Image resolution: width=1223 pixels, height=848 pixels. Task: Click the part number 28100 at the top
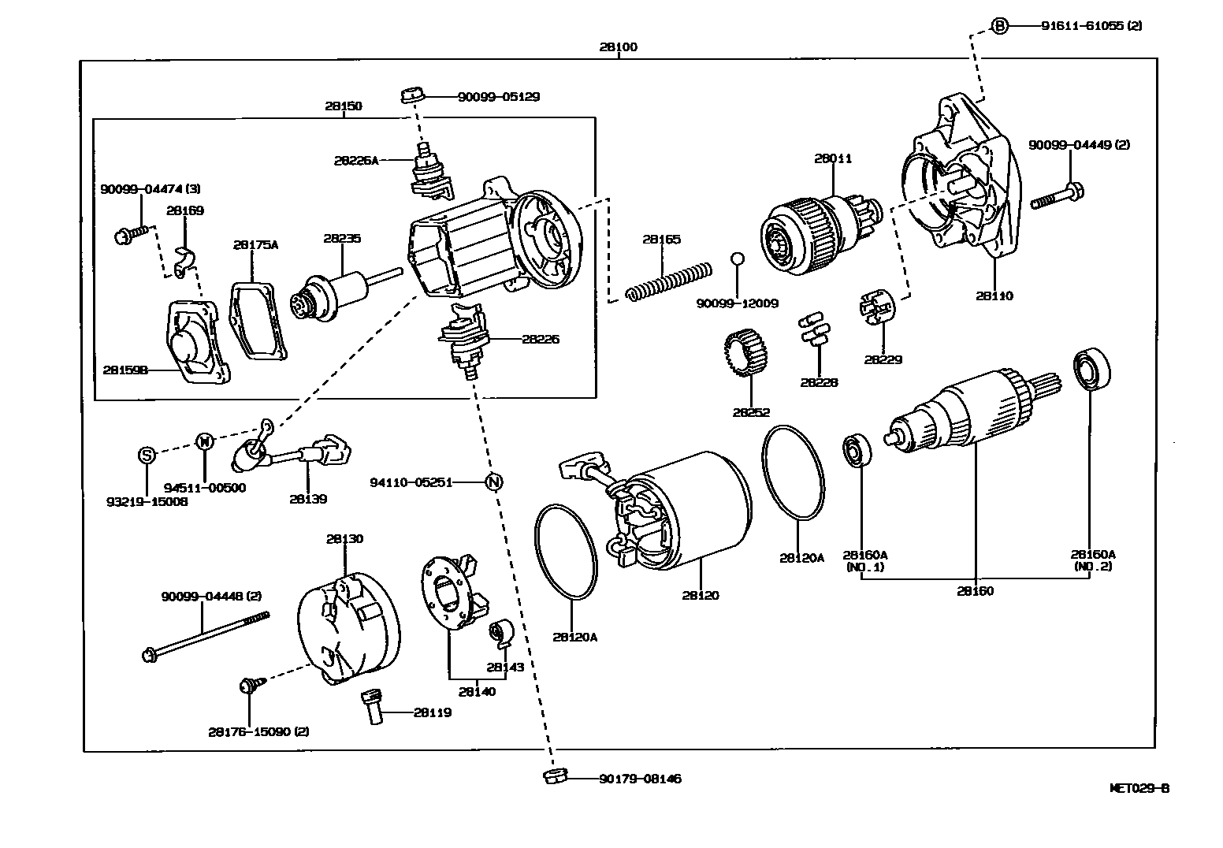[x=618, y=46]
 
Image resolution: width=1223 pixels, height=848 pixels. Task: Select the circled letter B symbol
[x=999, y=26]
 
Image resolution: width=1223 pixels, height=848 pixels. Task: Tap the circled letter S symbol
[x=147, y=455]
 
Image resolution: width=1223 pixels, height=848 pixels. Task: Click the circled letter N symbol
[x=493, y=482]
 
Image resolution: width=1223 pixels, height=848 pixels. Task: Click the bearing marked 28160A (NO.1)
[x=857, y=450]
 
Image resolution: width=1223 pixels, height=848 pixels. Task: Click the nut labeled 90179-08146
[x=553, y=776]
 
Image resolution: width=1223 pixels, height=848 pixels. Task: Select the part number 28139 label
[x=307, y=499]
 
